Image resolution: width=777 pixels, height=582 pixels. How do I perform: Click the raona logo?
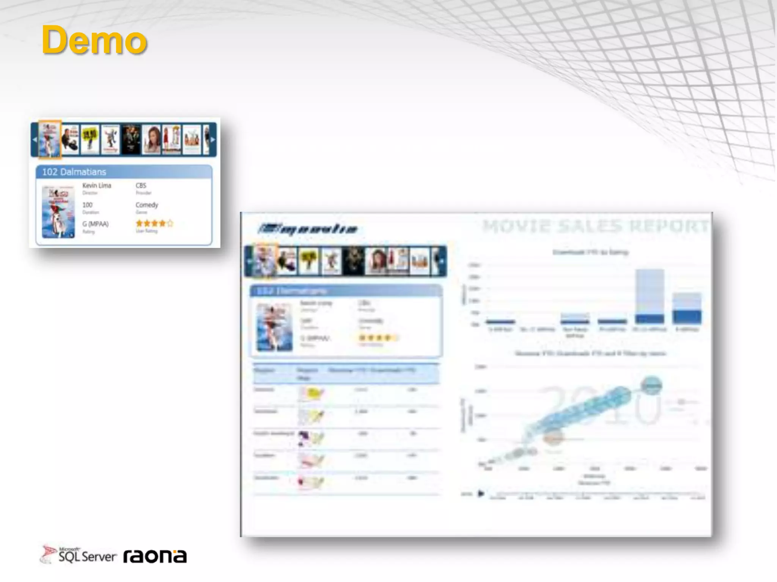coord(155,556)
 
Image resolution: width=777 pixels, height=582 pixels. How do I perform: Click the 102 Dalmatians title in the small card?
coord(74,172)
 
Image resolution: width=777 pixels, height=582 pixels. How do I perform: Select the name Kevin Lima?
coord(97,186)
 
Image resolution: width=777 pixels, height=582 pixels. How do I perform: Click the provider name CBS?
coord(141,186)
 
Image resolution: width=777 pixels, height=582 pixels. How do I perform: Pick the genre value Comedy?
coord(147,205)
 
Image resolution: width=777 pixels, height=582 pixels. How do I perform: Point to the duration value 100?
coord(87,205)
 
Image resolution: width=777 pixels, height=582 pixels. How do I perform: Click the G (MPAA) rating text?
coord(96,224)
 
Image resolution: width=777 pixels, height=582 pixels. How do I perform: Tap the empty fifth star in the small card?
coord(170,224)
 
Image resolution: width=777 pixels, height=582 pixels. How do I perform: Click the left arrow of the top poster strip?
coord(34,139)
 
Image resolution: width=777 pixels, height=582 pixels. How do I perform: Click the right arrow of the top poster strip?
coord(213,139)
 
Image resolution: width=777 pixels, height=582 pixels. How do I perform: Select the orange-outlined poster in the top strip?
coord(50,139)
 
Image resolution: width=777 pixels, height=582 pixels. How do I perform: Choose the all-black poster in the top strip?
coord(131,139)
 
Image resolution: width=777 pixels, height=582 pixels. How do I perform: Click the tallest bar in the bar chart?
coord(650,296)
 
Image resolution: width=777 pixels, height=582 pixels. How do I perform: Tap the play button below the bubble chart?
coord(481,494)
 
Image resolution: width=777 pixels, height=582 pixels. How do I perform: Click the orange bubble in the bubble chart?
coord(553,438)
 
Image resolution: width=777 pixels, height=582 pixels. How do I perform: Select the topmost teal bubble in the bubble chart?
coord(651,385)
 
